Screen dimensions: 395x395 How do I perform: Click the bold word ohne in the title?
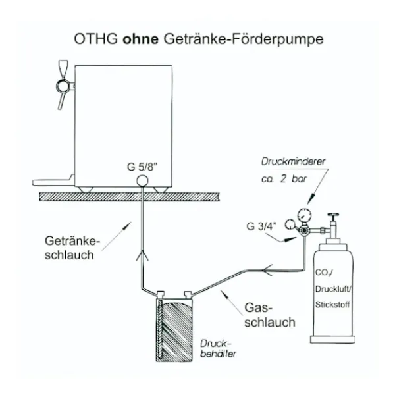(x=141, y=39)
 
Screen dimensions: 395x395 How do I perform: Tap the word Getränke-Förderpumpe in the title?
(x=244, y=39)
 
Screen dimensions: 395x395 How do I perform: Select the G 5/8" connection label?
(x=142, y=167)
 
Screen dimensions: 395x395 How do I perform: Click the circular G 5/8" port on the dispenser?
(x=142, y=181)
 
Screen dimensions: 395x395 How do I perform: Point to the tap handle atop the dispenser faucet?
(x=63, y=68)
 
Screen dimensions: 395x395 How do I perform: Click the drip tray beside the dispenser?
(x=53, y=182)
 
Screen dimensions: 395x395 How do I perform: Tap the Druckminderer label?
(x=293, y=162)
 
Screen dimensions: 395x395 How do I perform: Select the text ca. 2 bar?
(x=284, y=179)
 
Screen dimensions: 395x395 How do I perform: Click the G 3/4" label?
(x=261, y=226)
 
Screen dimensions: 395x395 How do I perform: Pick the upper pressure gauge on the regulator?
(x=304, y=215)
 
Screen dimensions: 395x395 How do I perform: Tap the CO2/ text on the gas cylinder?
(x=324, y=273)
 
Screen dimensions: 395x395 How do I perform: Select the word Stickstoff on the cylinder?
(x=332, y=305)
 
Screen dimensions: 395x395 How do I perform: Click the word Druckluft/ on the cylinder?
(x=332, y=289)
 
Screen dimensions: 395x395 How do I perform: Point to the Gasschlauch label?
(x=270, y=315)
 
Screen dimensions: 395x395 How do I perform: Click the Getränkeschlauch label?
(x=72, y=248)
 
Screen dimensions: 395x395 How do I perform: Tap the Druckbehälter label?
(x=218, y=349)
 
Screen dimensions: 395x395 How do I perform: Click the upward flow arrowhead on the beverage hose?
(x=142, y=255)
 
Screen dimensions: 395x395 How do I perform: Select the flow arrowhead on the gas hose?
(x=267, y=271)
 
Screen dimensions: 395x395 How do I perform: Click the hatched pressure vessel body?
(x=174, y=330)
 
